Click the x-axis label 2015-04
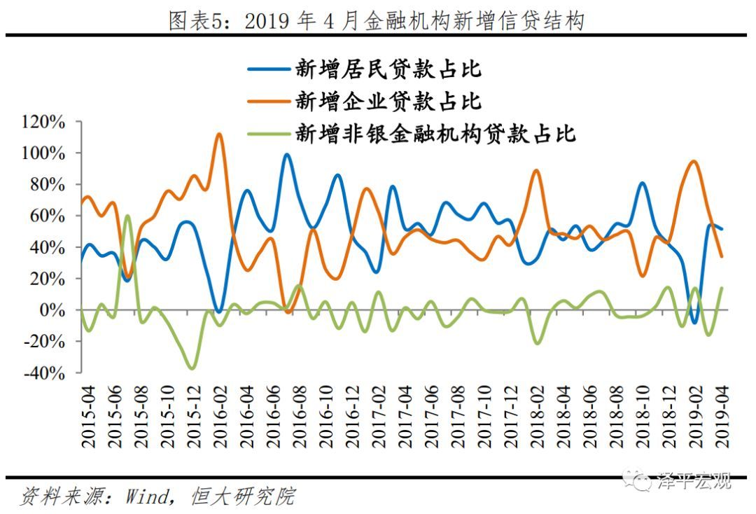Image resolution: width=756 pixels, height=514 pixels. click(89, 420)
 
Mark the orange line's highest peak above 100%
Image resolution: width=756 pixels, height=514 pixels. click(218, 134)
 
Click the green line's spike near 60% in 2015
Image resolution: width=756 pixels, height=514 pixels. click(127, 216)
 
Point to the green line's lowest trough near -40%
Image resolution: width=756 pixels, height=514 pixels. click(191, 368)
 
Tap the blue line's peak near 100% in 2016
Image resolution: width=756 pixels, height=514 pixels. click(286, 155)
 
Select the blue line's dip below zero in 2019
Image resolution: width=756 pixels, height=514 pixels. click(694, 323)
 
